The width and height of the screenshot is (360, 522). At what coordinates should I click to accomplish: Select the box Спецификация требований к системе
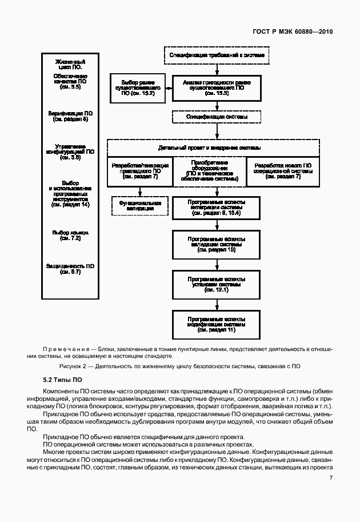pos(217,55)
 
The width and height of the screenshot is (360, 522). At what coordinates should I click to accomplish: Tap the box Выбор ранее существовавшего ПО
pos(138,88)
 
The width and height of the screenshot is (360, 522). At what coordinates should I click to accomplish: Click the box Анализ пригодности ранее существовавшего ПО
pos(217,88)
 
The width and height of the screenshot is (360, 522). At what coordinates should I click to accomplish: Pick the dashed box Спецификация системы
pos(217,117)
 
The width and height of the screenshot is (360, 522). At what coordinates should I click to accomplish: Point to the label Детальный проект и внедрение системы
pos(217,147)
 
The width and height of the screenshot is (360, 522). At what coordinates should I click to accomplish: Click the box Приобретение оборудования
pos(209,171)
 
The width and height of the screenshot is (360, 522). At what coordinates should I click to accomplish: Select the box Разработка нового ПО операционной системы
pos(282,171)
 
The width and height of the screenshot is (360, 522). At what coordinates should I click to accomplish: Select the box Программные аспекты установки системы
pos(217,283)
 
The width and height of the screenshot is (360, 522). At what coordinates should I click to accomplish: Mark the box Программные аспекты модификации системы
pos(217,323)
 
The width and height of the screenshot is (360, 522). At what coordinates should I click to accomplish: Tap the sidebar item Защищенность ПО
pos(71,269)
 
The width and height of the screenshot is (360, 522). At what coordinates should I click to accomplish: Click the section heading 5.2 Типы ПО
pos(62,379)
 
